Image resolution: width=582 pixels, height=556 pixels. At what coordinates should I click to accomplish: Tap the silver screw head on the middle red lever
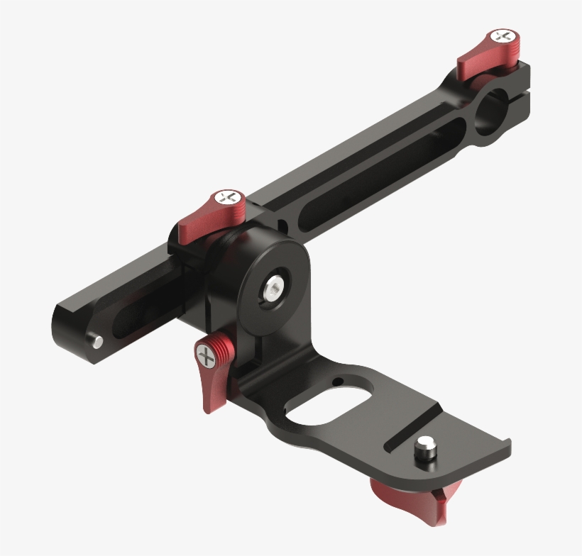click(229, 197)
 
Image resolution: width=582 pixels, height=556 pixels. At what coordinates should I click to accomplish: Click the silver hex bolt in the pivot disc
click(275, 287)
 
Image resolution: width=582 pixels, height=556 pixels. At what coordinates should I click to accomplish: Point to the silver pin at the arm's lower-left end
click(97, 342)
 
